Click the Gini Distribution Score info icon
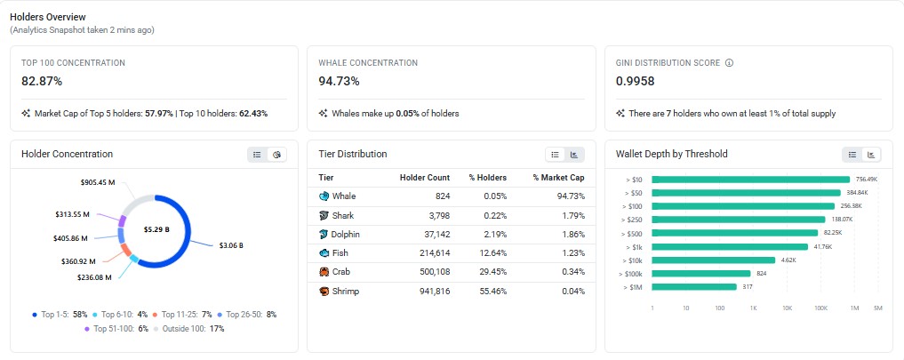tap(729, 63)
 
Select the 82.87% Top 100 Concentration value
tap(42, 82)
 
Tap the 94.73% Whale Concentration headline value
tap(339, 82)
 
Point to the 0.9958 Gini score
tap(636, 82)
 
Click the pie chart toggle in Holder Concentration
tap(276, 155)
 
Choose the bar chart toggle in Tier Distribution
tap(574, 155)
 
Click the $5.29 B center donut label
tap(156, 229)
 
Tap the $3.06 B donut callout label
tap(231, 245)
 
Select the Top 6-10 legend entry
tap(120, 315)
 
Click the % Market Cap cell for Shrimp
tap(573, 292)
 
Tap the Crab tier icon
tap(324, 272)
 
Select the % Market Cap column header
tap(559, 178)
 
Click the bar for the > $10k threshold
tap(714, 260)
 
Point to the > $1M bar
tap(694, 287)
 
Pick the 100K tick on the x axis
tap(821, 308)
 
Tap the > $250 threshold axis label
tap(633, 220)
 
